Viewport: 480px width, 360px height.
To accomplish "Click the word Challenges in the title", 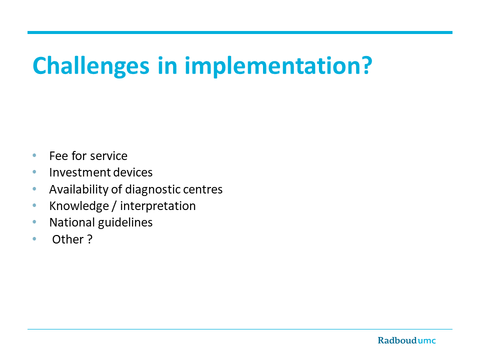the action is pos(91,66).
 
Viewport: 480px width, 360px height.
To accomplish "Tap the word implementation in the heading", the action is pos(269,66).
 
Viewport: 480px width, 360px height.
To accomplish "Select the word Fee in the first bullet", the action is pos(58,156).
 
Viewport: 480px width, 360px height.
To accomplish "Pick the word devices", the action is pos(132,172).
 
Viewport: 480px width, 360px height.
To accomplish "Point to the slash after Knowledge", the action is pos(114,206).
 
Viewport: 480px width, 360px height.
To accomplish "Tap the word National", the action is pos(72,222).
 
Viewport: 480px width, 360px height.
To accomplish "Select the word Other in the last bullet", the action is pos(67,239).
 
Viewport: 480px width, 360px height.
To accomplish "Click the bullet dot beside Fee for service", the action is pos(34,155).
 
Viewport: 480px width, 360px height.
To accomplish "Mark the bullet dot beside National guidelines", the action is pos(34,222).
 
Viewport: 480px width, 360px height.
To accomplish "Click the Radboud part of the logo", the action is pos(397,340).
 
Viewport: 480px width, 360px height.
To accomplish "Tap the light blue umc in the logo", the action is pos(426,340).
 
